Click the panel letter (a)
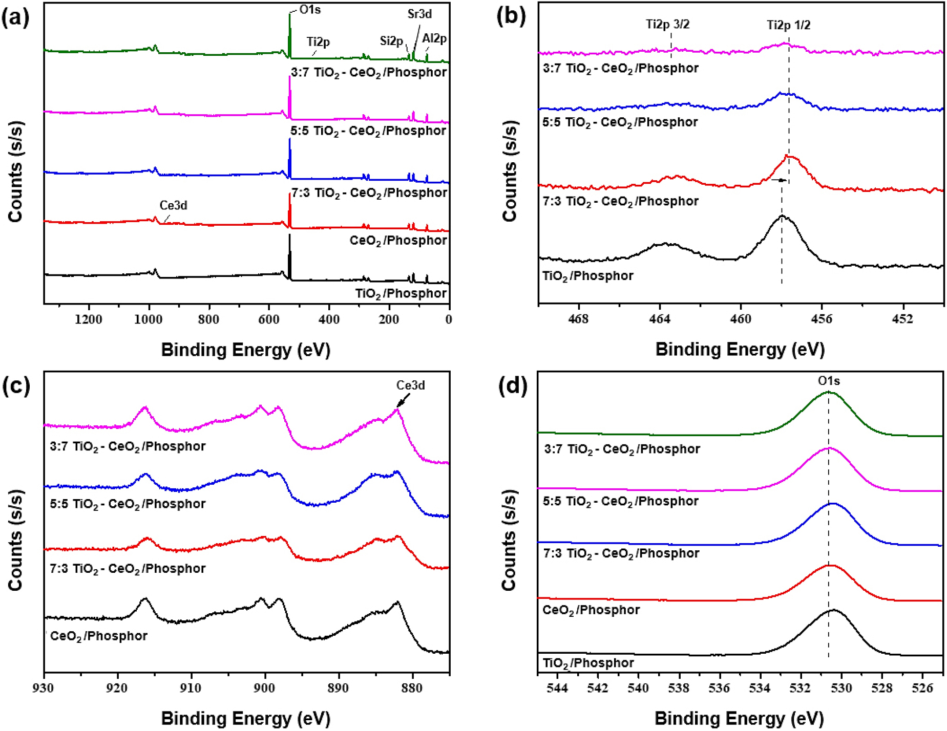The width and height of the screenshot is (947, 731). (15, 18)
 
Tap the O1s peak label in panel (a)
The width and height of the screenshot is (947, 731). (310, 10)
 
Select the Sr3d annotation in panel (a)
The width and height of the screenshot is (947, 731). (419, 14)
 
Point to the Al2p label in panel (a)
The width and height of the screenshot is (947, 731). (434, 38)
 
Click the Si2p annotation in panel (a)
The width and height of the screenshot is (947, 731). (391, 41)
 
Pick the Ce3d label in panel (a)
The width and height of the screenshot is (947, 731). (173, 206)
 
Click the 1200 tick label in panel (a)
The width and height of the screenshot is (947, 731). (89, 320)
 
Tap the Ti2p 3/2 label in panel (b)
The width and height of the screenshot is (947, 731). (667, 25)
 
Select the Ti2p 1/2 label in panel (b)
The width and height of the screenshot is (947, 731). (788, 25)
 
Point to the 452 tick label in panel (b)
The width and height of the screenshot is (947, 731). (902, 319)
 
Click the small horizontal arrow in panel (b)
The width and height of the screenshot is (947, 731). (779, 180)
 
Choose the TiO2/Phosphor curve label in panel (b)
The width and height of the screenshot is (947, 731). (587, 276)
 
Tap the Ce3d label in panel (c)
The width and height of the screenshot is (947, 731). (410, 385)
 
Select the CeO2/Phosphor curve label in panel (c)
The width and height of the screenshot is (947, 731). (98, 636)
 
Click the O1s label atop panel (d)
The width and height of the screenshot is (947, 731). (829, 381)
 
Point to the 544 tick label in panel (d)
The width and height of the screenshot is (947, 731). (557, 688)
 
